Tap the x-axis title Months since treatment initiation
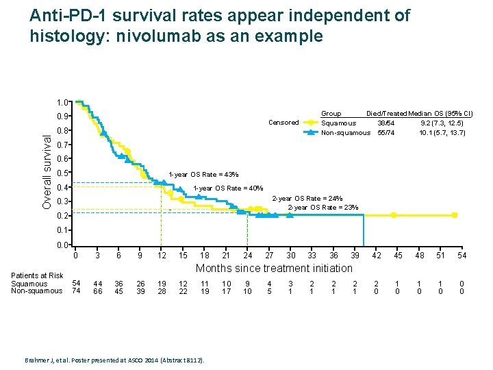click(275, 268)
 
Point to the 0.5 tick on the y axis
click(64, 173)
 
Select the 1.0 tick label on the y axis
click(64, 103)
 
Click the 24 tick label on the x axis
click(248, 256)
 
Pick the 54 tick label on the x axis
click(462, 256)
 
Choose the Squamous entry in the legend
click(339, 123)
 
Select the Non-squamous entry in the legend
click(346, 132)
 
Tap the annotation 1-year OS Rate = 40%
click(228, 188)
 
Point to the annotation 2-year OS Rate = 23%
click(323, 207)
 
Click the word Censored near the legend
click(283, 123)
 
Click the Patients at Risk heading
click(37, 275)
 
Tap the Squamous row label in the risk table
click(29, 284)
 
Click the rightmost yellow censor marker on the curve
click(455, 215)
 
